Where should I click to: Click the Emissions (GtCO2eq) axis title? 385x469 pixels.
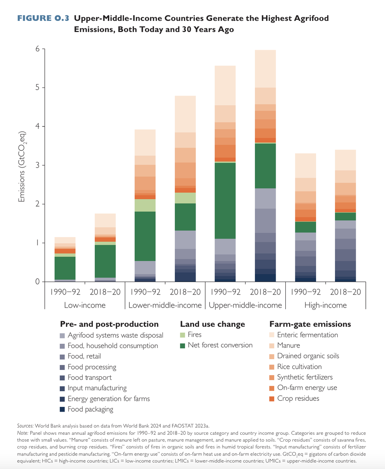point(22,167)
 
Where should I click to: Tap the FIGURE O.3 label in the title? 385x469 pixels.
point(43,18)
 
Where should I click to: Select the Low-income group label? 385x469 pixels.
point(85,305)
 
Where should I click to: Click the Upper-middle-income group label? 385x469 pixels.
point(245,305)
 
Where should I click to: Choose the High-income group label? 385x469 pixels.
point(325,305)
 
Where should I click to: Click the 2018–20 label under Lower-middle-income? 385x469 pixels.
point(185,292)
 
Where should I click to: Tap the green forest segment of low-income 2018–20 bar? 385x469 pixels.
point(105,261)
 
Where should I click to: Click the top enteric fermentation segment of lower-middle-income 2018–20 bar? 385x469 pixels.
point(185,114)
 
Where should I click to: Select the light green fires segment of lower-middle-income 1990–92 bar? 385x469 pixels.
point(145,205)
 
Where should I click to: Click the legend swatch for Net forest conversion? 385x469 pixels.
point(184,346)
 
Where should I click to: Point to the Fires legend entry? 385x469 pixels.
point(194,335)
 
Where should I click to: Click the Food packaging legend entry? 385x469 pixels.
point(90,409)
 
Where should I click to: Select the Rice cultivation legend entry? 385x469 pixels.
point(299,366)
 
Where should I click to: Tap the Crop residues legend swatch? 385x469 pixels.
point(272,399)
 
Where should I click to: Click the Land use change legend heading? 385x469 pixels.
point(212,324)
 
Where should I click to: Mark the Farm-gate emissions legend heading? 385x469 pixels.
point(310,324)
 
